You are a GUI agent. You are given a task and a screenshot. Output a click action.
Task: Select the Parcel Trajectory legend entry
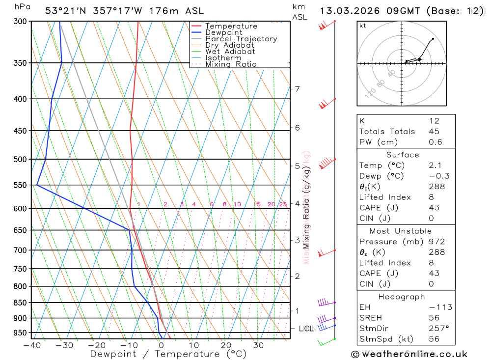pos(241,39)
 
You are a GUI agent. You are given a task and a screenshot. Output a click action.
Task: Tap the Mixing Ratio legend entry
pos(231,64)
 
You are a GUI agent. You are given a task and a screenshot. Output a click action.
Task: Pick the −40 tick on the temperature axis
pos(32,345)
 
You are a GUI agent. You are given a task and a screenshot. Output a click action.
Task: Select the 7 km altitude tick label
pos(297,89)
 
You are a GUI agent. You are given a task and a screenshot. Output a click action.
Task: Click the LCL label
pos(306,328)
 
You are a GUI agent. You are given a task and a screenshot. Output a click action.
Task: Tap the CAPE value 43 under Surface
pos(434,208)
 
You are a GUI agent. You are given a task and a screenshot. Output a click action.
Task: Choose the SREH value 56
pos(434,318)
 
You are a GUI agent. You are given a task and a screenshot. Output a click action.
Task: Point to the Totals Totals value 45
pos(434,131)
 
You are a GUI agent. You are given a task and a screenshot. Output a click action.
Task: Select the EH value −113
pos(440,307)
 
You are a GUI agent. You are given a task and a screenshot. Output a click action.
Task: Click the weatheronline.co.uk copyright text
pos(409,354)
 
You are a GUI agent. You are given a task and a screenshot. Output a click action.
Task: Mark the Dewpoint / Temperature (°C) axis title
pos(161,354)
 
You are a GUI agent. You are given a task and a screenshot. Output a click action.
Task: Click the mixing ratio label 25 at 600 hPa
pos(283,204)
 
